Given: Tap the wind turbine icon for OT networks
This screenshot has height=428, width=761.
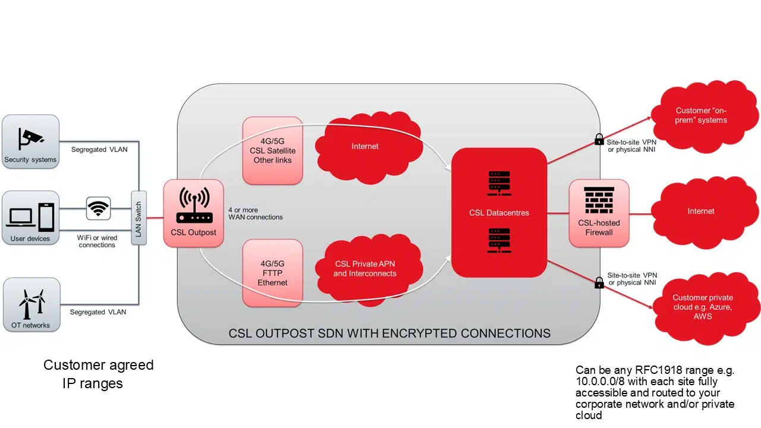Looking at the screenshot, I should point(32,303).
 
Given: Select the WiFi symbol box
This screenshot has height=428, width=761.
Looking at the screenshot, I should point(98,209).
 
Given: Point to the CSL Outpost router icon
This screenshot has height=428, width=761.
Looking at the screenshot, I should point(193,206).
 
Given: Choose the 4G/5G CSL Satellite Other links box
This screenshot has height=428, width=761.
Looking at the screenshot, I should point(272,150).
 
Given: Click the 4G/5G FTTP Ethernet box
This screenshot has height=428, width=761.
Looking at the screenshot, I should point(272,273).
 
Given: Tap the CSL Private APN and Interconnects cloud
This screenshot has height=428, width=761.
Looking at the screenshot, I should point(364,269).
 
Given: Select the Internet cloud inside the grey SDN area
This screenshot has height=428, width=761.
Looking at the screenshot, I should point(364,146).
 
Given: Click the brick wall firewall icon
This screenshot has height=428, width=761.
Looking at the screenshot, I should point(599,200).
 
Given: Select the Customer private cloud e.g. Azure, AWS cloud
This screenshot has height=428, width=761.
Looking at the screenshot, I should point(702,307).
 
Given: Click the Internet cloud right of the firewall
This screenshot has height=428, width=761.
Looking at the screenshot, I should point(701,211).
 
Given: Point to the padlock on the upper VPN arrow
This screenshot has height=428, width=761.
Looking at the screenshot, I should point(599,140).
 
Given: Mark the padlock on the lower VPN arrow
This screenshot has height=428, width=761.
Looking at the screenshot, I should point(599,282).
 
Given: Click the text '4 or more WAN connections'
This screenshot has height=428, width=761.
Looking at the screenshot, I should point(255,213).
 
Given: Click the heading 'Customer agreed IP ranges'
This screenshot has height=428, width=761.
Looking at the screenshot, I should point(98,374).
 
